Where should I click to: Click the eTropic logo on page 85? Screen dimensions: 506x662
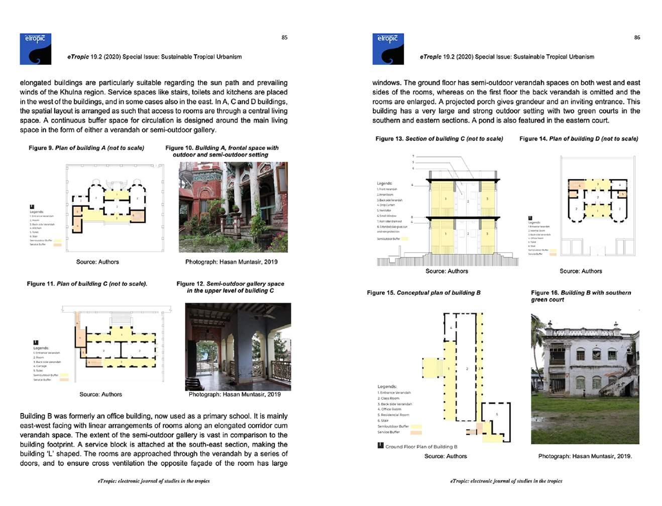(x=35, y=49)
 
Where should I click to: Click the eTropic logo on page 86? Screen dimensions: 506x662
(x=388, y=49)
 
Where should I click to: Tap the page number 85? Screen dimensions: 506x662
(x=284, y=38)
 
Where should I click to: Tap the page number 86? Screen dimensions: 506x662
(x=637, y=38)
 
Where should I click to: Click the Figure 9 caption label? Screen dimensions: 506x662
(x=86, y=148)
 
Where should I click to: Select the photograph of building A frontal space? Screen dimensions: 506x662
(x=233, y=207)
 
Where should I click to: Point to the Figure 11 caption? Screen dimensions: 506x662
(x=87, y=284)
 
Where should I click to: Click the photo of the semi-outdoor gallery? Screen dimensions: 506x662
(x=238, y=347)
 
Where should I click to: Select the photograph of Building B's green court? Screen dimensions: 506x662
(x=585, y=379)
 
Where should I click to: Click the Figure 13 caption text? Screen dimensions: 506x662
(x=439, y=139)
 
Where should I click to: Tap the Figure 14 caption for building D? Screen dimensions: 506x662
(x=579, y=139)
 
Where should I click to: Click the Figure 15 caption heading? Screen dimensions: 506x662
(x=423, y=293)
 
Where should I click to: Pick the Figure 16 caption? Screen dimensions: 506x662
(x=581, y=296)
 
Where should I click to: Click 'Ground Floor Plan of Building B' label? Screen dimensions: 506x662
(x=421, y=447)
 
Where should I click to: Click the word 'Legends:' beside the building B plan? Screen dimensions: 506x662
(x=387, y=387)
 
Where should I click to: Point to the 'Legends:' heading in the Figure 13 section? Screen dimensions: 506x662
(x=384, y=184)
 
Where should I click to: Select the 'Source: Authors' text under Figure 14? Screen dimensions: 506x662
(x=581, y=271)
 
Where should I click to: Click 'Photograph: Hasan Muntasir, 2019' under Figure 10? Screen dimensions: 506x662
(x=231, y=262)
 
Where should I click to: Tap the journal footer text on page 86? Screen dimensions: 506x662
(x=506, y=481)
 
